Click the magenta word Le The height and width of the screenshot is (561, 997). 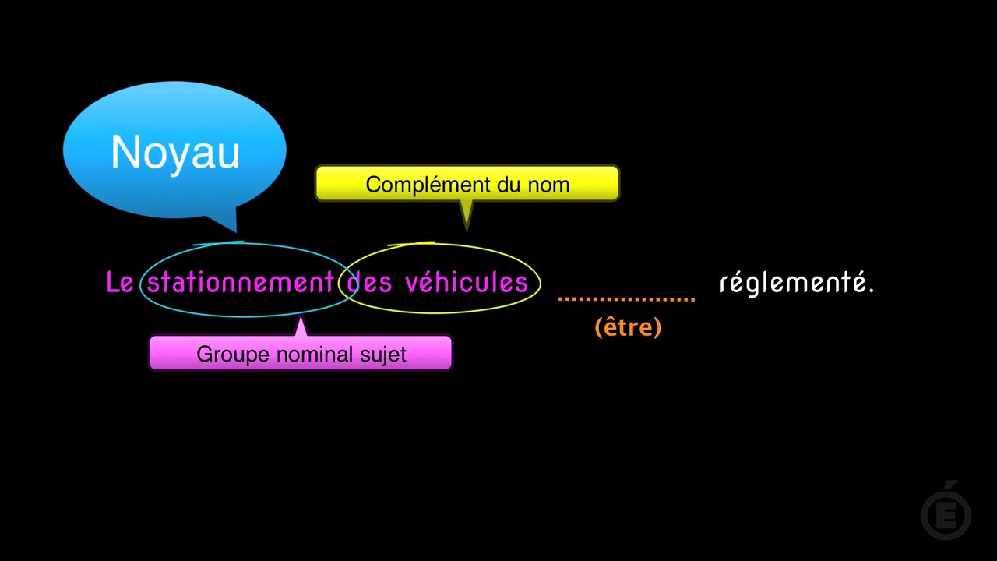(120, 282)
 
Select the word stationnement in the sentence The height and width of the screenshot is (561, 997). (241, 282)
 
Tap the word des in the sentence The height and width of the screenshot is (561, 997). (369, 282)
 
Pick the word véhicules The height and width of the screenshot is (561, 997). (467, 282)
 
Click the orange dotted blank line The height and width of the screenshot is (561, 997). (627, 300)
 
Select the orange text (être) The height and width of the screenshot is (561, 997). (628, 327)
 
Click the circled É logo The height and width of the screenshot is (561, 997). (946, 512)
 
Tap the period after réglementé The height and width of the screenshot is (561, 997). (871, 290)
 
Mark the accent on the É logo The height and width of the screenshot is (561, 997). (951, 485)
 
